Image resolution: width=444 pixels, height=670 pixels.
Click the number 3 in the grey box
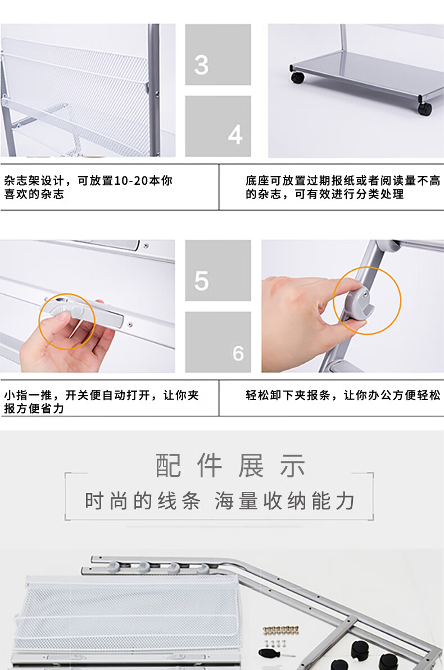click(x=201, y=65)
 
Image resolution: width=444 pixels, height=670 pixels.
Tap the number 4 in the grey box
click(x=235, y=135)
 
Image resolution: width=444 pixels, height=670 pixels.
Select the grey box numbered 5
click(x=218, y=270)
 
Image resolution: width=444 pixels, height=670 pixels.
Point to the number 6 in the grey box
click(x=238, y=354)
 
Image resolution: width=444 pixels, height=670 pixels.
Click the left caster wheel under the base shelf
click(x=298, y=78)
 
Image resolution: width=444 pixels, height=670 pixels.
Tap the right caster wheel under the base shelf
click(x=425, y=109)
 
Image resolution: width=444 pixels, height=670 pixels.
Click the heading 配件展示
click(x=230, y=466)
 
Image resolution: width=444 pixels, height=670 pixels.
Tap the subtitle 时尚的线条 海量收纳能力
click(x=220, y=501)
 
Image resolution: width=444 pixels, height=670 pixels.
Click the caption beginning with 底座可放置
click(x=343, y=187)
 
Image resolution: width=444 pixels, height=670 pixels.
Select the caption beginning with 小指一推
click(x=101, y=402)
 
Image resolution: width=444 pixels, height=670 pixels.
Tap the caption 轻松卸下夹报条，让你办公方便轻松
click(x=343, y=395)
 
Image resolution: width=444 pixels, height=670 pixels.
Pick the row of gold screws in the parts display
click(x=280, y=630)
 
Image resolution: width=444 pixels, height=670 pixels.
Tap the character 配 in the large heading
click(x=167, y=466)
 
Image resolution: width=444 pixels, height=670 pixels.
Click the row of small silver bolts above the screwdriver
click(x=275, y=643)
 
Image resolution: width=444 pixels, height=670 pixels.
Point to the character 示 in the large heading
click(x=293, y=466)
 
